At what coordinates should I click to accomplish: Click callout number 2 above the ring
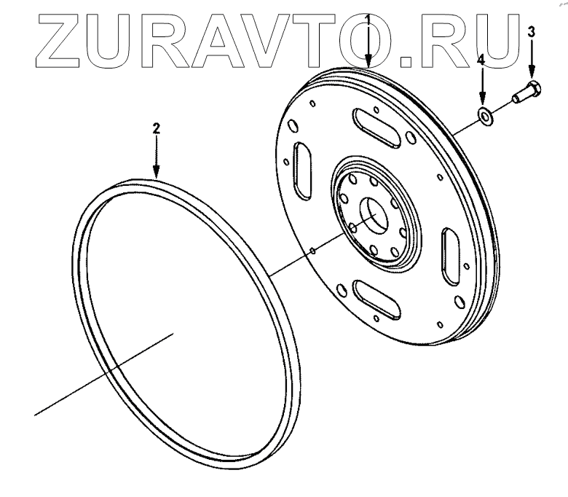tap(155, 128)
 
